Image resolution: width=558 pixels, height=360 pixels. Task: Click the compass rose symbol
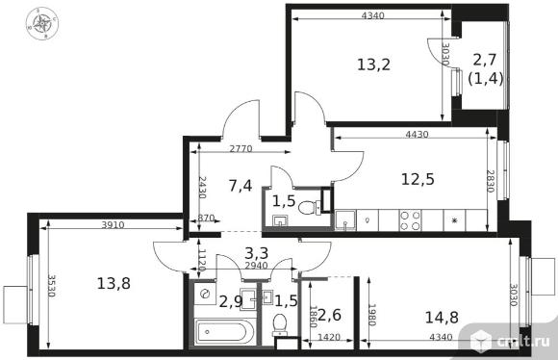pyautogui.click(x=42, y=23)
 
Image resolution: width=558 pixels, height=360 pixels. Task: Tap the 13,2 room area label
pyautogui.click(x=373, y=64)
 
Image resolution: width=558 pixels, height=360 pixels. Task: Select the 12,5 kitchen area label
pyautogui.click(x=418, y=179)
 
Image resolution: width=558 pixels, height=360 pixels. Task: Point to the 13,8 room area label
pyautogui.click(x=114, y=284)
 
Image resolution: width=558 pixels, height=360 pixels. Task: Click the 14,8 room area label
pyautogui.click(x=442, y=318)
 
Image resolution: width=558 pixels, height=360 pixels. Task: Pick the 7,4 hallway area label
pyautogui.click(x=241, y=186)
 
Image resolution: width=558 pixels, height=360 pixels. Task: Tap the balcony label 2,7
pyautogui.click(x=484, y=60)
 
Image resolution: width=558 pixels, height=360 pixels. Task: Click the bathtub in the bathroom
pyautogui.click(x=224, y=332)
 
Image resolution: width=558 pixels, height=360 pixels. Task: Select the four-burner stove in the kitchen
pyautogui.click(x=410, y=220)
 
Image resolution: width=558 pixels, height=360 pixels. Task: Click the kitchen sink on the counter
pyautogui.click(x=345, y=220)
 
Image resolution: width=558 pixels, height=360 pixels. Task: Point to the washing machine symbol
pyautogui.click(x=205, y=294)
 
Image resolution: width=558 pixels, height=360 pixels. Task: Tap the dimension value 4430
pyautogui.click(x=418, y=134)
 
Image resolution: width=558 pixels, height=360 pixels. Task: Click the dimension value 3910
pyautogui.click(x=113, y=224)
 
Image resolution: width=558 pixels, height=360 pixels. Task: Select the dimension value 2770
pyautogui.click(x=241, y=148)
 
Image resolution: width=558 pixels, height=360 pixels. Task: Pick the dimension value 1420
pyautogui.click(x=328, y=337)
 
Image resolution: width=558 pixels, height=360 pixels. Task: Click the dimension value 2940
pyautogui.click(x=256, y=266)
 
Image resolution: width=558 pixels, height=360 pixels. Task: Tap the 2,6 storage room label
pyautogui.click(x=330, y=315)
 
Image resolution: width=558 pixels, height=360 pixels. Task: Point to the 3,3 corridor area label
pyautogui.click(x=257, y=253)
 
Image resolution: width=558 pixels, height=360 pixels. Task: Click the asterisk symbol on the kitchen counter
pyautogui.click(x=454, y=220)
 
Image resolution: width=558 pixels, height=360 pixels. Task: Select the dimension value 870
pyautogui.click(x=206, y=218)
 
